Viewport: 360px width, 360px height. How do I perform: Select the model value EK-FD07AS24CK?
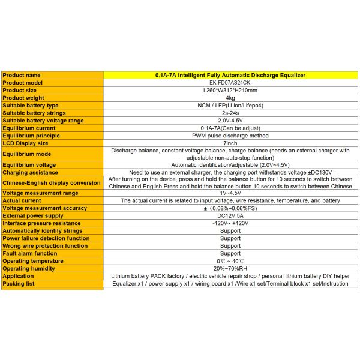[x=230, y=83]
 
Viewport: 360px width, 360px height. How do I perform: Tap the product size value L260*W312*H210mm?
[x=230, y=90]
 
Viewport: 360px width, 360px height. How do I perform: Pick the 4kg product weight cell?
[x=230, y=98]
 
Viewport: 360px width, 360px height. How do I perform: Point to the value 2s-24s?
[x=230, y=113]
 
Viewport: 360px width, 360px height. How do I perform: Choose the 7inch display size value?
[x=230, y=143]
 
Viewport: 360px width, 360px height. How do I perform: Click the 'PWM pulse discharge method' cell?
[x=230, y=135]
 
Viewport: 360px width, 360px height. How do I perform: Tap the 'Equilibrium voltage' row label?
[x=29, y=164]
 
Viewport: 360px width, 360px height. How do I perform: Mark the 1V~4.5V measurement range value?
[x=230, y=193]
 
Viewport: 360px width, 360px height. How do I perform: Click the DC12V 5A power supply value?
[x=230, y=215]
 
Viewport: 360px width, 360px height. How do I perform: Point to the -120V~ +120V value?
[x=230, y=223]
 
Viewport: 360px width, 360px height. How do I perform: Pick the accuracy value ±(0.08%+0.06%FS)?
[x=230, y=208]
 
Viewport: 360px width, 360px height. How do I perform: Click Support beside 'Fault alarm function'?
[x=230, y=253]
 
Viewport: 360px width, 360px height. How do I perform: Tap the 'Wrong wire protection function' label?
[x=45, y=245]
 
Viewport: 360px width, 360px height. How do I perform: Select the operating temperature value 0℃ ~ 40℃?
[x=230, y=261]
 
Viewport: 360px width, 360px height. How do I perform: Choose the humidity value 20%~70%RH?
[x=230, y=268]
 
